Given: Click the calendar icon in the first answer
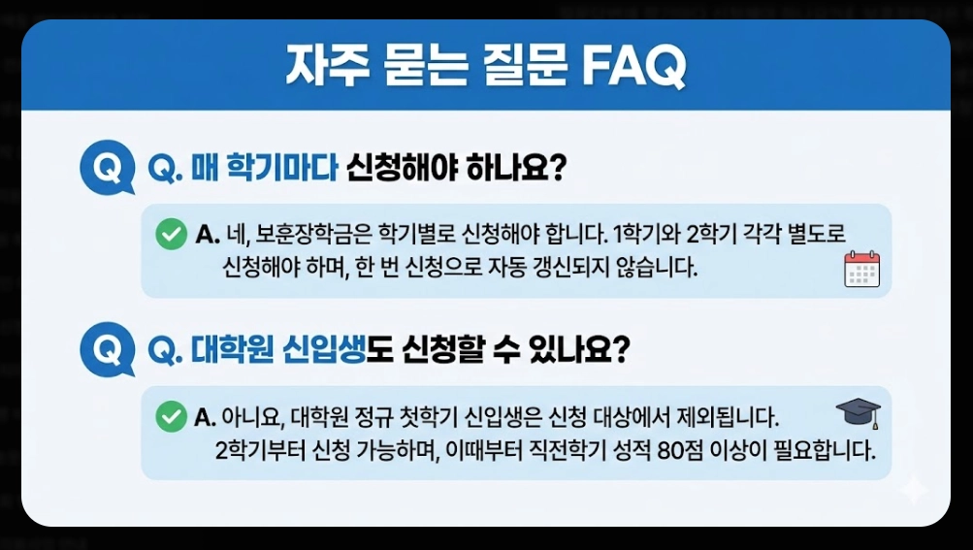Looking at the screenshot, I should pyautogui.click(x=861, y=269).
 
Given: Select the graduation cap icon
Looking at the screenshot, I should pyautogui.click(x=859, y=413).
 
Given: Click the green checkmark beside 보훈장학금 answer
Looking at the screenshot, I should pyautogui.click(x=171, y=234).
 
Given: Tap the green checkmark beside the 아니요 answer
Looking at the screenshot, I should pyautogui.click(x=171, y=417).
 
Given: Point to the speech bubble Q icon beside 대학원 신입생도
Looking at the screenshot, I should pyautogui.click(x=107, y=349).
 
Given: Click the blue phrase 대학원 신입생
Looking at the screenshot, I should pyautogui.click(x=277, y=349).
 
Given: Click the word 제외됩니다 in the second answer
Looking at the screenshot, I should pyautogui.click(x=719, y=418).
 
